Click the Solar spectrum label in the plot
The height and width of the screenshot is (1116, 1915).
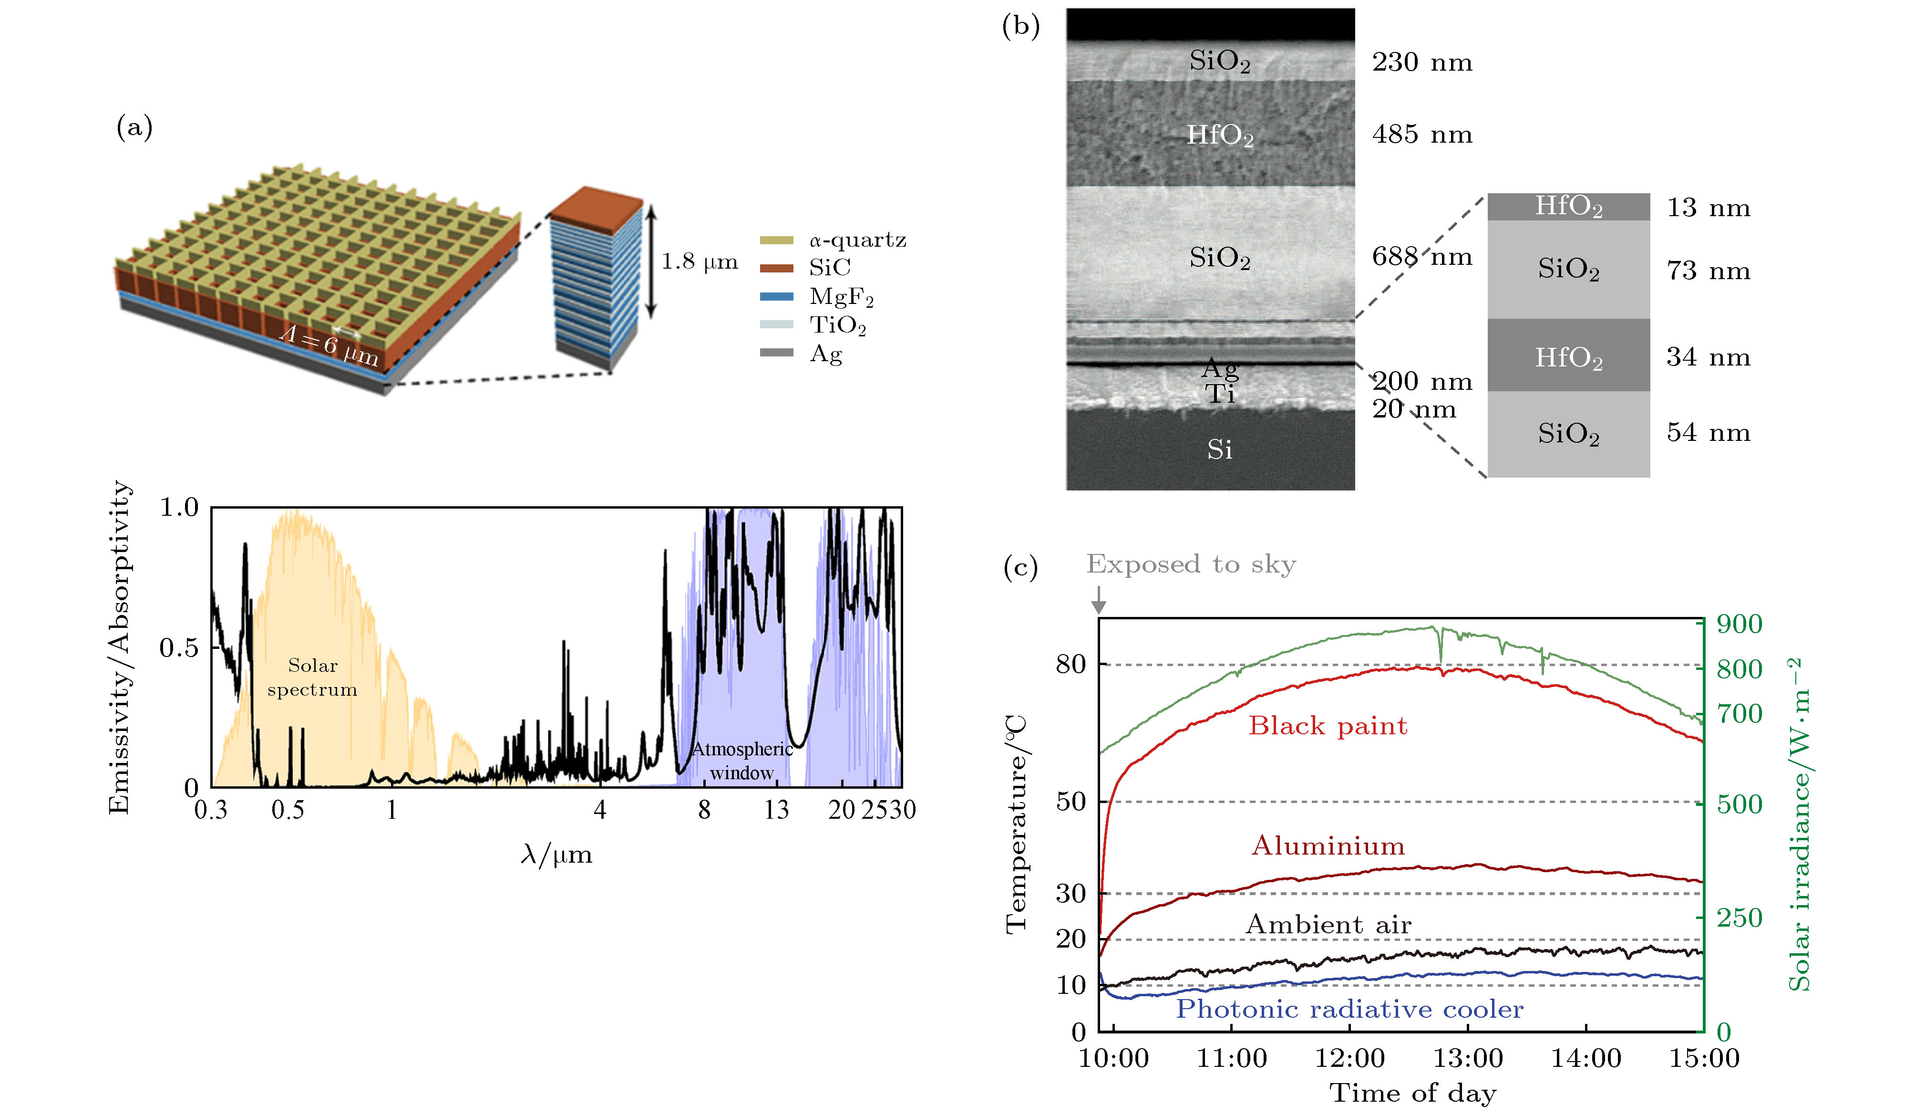click(x=312, y=678)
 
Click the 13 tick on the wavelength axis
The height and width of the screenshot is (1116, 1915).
click(x=776, y=810)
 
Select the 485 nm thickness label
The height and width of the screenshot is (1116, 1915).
click(x=1422, y=135)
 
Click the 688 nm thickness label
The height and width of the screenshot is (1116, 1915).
click(x=1422, y=257)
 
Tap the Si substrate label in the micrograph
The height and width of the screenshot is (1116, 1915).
click(x=1220, y=449)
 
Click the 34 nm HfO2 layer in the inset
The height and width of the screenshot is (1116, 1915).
click(x=1568, y=355)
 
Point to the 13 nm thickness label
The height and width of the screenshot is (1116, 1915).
click(x=1709, y=208)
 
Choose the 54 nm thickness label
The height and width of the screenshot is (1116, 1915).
click(x=1709, y=433)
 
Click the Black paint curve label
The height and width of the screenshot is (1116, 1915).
click(x=1328, y=726)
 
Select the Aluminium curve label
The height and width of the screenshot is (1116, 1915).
click(x=1328, y=846)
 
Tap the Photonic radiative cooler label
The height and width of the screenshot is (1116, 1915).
click(x=1349, y=1010)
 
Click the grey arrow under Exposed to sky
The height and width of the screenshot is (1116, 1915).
click(x=1098, y=601)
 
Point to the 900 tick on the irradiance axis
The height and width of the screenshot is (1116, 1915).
click(x=1740, y=624)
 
